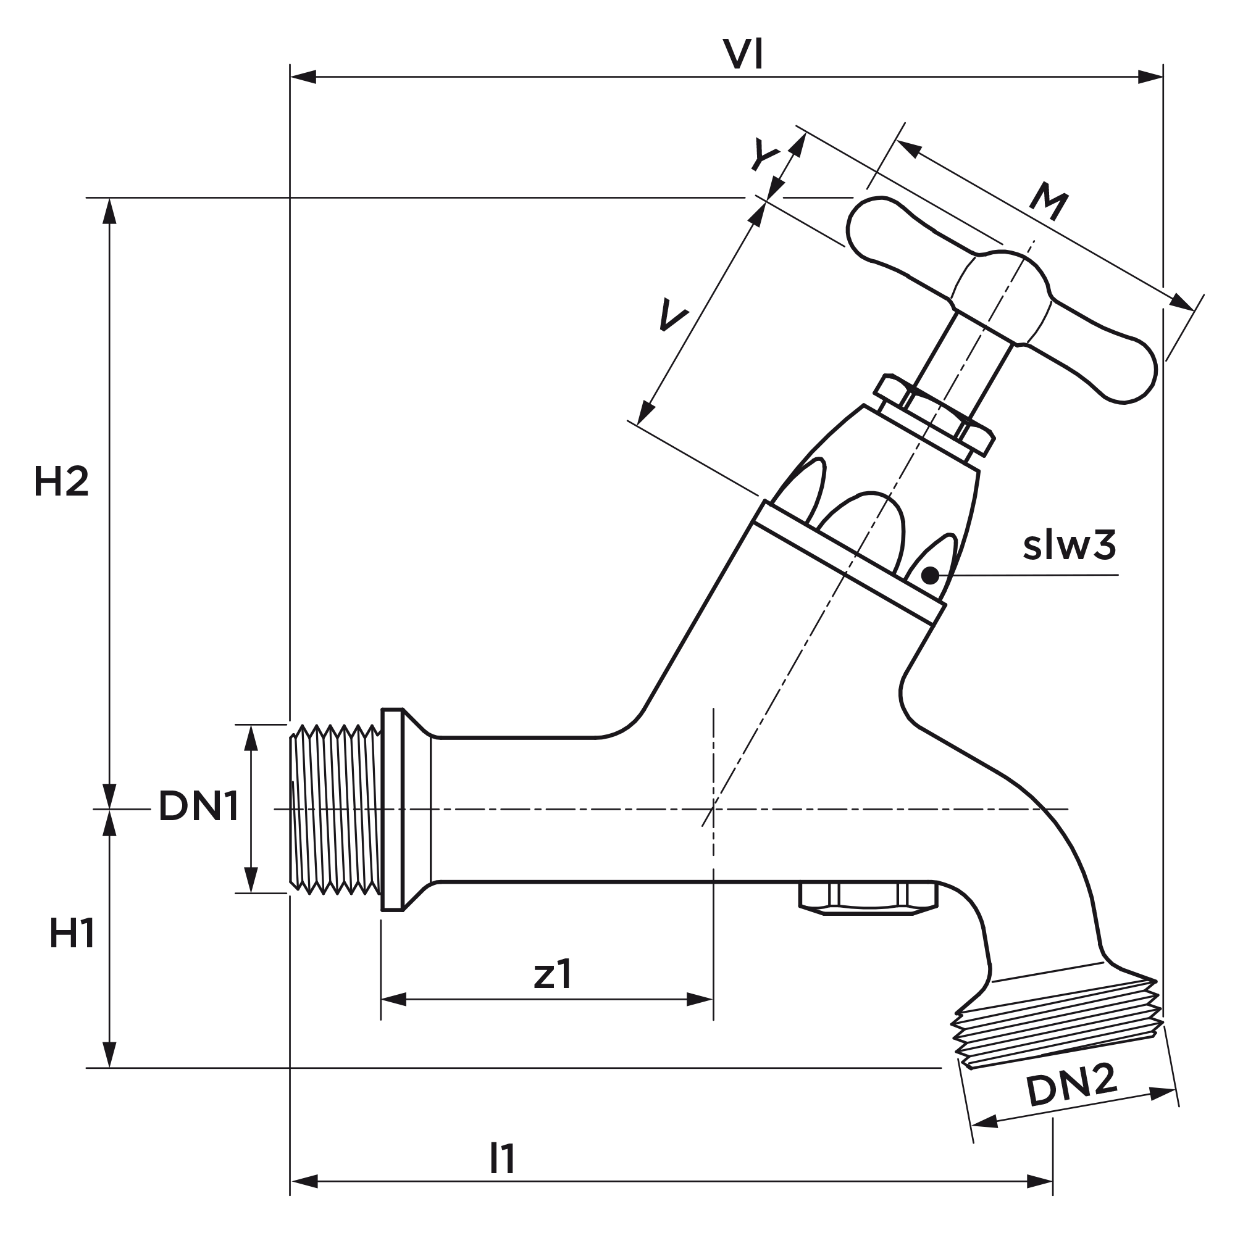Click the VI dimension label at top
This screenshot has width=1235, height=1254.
tap(743, 55)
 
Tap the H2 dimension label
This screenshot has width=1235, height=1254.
tap(61, 483)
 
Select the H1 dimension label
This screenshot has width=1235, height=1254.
tap(72, 934)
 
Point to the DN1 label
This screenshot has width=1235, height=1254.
tap(198, 807)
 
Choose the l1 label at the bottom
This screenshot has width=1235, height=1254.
tap(502, 1159)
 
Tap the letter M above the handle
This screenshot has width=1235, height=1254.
tap(1050, 202)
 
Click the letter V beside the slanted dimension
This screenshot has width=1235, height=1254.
tap(672, 316)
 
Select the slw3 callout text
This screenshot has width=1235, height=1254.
tap(1070, 546)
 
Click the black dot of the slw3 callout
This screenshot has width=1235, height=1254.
tap(930, 575)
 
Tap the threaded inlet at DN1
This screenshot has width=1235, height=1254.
tap(335, 809)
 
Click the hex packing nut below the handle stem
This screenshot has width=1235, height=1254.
tap(934, 415)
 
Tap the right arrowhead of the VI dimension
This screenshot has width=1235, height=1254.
tap(1150, 77)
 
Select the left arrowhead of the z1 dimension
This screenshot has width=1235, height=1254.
tap(394, 999)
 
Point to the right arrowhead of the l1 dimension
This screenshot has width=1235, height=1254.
tap(1040, 1181)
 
